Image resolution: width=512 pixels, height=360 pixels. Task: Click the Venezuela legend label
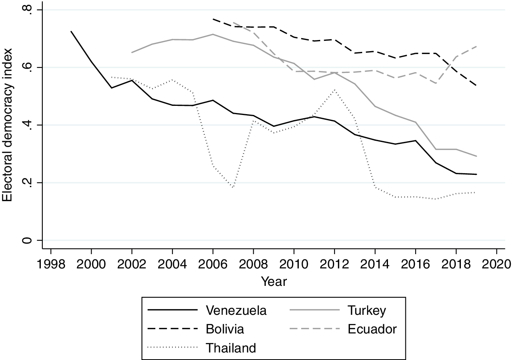[x=236, y=310]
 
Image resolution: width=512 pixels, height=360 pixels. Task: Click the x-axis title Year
[x=273, y=282]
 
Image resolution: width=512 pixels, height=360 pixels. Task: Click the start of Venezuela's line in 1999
[x=71, y=31]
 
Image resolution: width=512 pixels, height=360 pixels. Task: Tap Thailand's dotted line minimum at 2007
[x=233, y=187]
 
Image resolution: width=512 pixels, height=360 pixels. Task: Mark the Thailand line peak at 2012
[x=334, y=90]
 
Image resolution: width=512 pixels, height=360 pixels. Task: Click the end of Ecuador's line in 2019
[x=476, y=46]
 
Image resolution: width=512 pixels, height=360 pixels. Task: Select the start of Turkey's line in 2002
[x=132, y=52]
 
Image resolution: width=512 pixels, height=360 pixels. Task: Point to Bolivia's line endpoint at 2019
[x=476, y=85]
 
